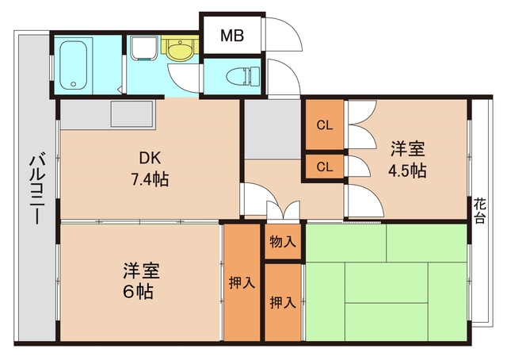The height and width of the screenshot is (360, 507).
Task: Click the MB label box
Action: click(232, 35)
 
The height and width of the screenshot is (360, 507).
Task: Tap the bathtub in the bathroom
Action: click(78, 64)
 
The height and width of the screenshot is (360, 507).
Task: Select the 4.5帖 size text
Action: click(408, 170)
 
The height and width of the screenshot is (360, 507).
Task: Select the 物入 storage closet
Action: click(282, 241)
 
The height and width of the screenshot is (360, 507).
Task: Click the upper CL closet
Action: click(325, 125)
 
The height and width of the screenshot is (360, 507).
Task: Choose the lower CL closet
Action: click(325, 167)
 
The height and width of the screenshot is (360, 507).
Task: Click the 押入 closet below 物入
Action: click(283, 301)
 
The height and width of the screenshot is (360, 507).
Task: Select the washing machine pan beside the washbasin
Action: click(143, 49)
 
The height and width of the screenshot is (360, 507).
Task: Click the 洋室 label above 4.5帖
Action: click(408, 149)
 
